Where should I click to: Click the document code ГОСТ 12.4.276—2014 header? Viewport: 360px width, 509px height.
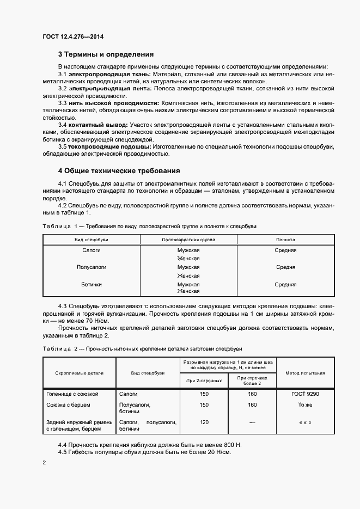coord(72,37)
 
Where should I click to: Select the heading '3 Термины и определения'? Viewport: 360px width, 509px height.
coord(106,54)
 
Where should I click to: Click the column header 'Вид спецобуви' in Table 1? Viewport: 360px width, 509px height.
coord(91,239)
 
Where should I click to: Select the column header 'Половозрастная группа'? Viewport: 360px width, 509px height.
coord(188,239)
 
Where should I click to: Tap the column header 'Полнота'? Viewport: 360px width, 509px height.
coord(285,239)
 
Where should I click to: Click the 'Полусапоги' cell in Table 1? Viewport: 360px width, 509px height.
coord(91,267)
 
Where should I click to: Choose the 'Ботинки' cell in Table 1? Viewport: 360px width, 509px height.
coord(91,284)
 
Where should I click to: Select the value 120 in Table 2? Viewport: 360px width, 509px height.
coord(204,422)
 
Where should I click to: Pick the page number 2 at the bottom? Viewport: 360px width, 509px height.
coord(44,462)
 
